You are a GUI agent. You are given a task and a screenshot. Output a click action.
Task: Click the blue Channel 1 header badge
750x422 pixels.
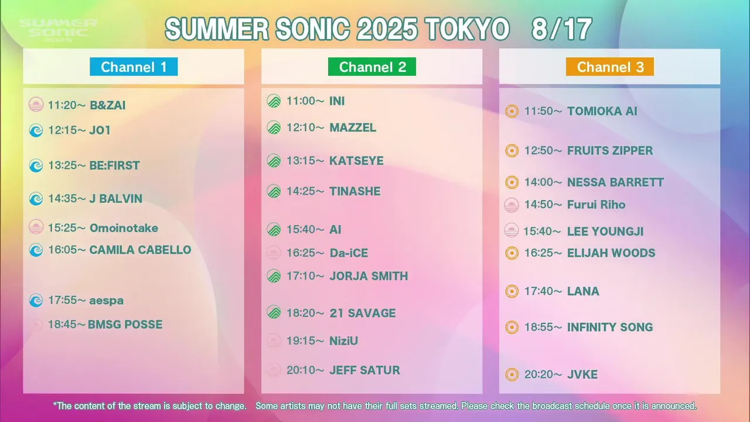click(134, 67)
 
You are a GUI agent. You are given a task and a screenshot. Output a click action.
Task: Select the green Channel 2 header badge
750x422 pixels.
click(372, 67)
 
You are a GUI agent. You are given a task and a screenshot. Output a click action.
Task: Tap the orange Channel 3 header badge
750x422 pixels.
click(610, 67)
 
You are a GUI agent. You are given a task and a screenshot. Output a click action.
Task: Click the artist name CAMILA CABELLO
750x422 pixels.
click(140, 250)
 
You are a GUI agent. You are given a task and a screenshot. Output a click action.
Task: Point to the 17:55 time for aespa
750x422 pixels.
click(67, 300)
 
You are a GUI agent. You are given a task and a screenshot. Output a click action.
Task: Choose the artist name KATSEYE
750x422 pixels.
click(357, 161)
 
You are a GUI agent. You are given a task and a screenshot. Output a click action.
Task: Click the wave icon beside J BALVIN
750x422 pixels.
click(36, 199)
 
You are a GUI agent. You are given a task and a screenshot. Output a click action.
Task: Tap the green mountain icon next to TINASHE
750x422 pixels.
click(274, 191)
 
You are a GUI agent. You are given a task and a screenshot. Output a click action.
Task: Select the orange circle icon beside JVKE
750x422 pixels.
click(512, 375)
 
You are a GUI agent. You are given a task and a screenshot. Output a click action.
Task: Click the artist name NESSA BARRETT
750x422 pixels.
click(615, 182)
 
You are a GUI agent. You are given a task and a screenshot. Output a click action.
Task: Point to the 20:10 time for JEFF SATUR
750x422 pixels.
click(305, 370)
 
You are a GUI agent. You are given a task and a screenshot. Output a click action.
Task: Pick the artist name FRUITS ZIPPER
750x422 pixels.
click(610, 151)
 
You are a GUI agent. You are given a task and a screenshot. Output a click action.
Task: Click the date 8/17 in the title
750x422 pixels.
click(562, 29)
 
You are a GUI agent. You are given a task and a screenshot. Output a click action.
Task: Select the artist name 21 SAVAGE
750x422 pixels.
click(363, 313)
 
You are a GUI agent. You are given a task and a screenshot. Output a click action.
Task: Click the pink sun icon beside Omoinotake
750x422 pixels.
click(36, 227)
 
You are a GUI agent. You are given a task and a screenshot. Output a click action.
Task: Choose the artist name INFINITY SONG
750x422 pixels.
click(610, 327)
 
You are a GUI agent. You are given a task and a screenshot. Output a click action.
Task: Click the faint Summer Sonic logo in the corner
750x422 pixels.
click(58, 30)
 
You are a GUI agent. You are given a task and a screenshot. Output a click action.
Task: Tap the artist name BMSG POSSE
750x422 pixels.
click(125, 325)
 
